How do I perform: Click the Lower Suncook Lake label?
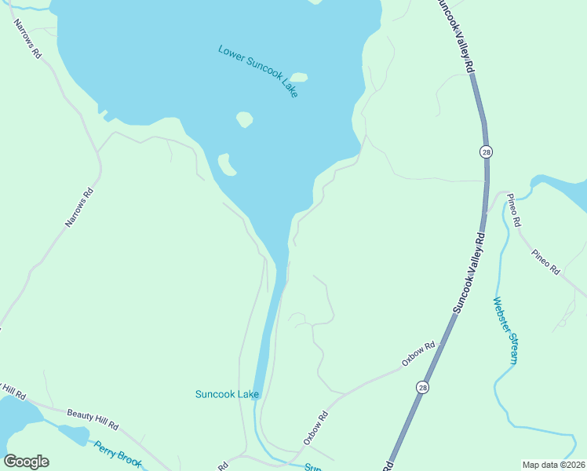[x=258, y=71]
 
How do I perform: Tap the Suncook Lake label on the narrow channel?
[x=227, y=394]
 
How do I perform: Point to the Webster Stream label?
[x=505, y=330]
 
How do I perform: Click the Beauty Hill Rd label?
[x=92, y=419]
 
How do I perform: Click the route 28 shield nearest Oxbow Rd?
[x=423, y=388]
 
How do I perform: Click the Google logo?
[x=26, y=462]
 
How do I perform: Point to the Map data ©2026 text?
[x=553, y=464]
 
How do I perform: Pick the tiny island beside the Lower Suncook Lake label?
[x=299, y=78]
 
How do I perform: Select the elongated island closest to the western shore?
[x=227, y=165]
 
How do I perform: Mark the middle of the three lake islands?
[x=244, y=119]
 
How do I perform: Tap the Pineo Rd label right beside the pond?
[x=513, y=210]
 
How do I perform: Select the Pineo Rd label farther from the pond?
[x=545, y=262]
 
